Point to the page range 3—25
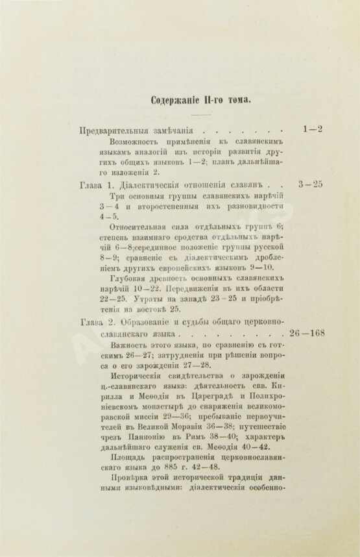pyautogui.click(x=309, y=184)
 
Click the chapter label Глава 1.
pyautogui.click(x=96, y=184)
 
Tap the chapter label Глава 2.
pyautogui.click(x=96, y=321)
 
